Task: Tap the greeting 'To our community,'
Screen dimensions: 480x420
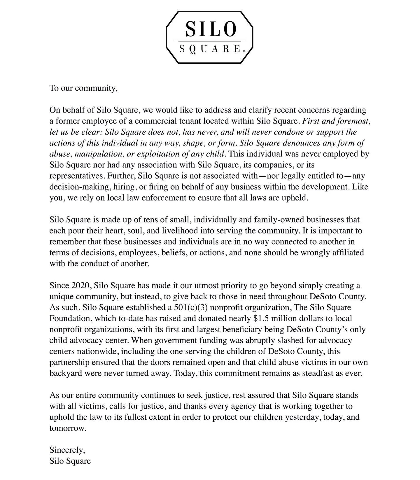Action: [x=83, y=88]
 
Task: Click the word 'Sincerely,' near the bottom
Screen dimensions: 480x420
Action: [x=67, y=450]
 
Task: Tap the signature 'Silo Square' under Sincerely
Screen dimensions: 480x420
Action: [x=70, y=461]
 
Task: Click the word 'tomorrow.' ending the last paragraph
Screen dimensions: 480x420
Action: [x=68, y=428]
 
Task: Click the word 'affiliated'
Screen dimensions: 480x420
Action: [x=348, y=253]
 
